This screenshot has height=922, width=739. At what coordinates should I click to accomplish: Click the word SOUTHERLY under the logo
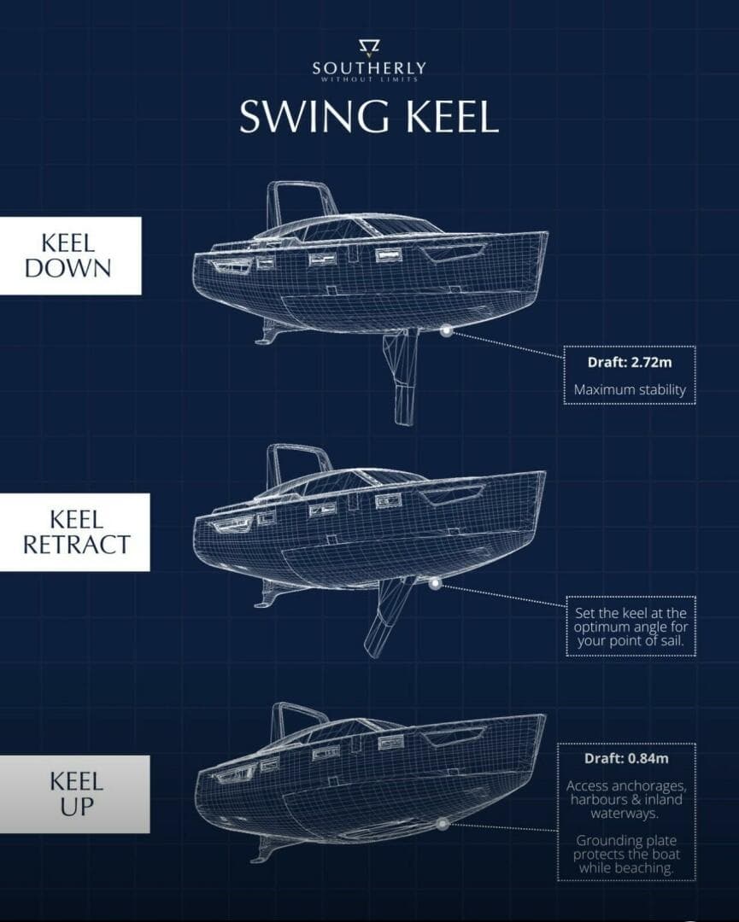coord(369,68)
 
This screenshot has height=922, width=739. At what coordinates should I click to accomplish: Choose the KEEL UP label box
coord(74,794)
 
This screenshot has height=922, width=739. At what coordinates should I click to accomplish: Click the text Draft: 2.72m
coord(630,362)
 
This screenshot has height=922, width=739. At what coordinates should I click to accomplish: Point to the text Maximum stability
coord(630,390)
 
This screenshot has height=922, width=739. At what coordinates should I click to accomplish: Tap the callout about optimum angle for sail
coord(630,626)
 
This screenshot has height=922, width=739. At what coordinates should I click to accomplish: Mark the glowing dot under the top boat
coord(446,332)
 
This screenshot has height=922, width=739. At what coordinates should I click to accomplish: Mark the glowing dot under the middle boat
coord(436,584)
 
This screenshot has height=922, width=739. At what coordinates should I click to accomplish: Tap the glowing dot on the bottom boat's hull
coord(443,824)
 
